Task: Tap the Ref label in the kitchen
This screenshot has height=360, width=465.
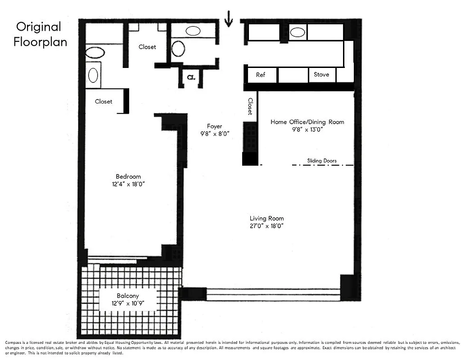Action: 261,75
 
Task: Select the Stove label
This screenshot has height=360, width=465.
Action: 321,75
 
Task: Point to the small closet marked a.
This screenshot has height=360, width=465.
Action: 191,77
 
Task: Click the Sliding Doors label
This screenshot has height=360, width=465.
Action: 322,161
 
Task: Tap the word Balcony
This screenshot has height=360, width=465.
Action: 128,296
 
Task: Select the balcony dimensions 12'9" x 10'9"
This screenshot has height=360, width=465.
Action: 128,303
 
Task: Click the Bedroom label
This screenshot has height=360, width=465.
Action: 128,176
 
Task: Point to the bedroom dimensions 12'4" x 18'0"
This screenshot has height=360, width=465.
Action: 128,184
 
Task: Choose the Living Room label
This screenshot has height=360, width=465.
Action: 266,219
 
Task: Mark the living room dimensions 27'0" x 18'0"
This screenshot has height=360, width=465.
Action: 266,226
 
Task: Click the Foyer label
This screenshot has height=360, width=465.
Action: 214,126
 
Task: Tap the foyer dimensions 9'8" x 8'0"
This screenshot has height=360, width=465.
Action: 215,134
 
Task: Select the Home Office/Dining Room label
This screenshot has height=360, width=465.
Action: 307,122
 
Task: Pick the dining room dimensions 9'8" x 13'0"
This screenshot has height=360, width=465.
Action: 307,129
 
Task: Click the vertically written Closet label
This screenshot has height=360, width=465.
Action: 250,107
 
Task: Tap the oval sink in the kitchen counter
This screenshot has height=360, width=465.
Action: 297,32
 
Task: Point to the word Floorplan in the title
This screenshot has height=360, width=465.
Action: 40,42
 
